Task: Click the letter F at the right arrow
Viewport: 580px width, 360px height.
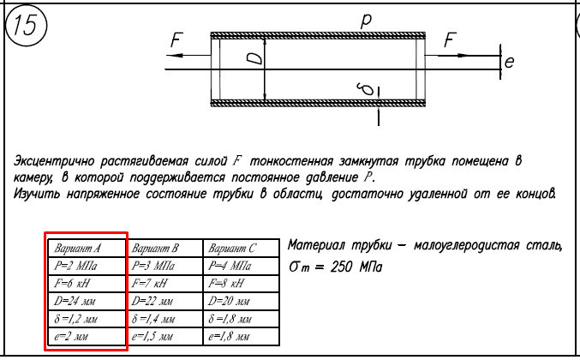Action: click(x=451, y=39)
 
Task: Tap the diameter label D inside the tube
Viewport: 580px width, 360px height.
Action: click(x=254, y=59)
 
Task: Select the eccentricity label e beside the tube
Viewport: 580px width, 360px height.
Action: click(x=509, y=62)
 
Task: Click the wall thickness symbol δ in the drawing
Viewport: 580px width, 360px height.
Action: click(x=362, y=87)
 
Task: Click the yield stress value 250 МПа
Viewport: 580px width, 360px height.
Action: click(x=356, y=267)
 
